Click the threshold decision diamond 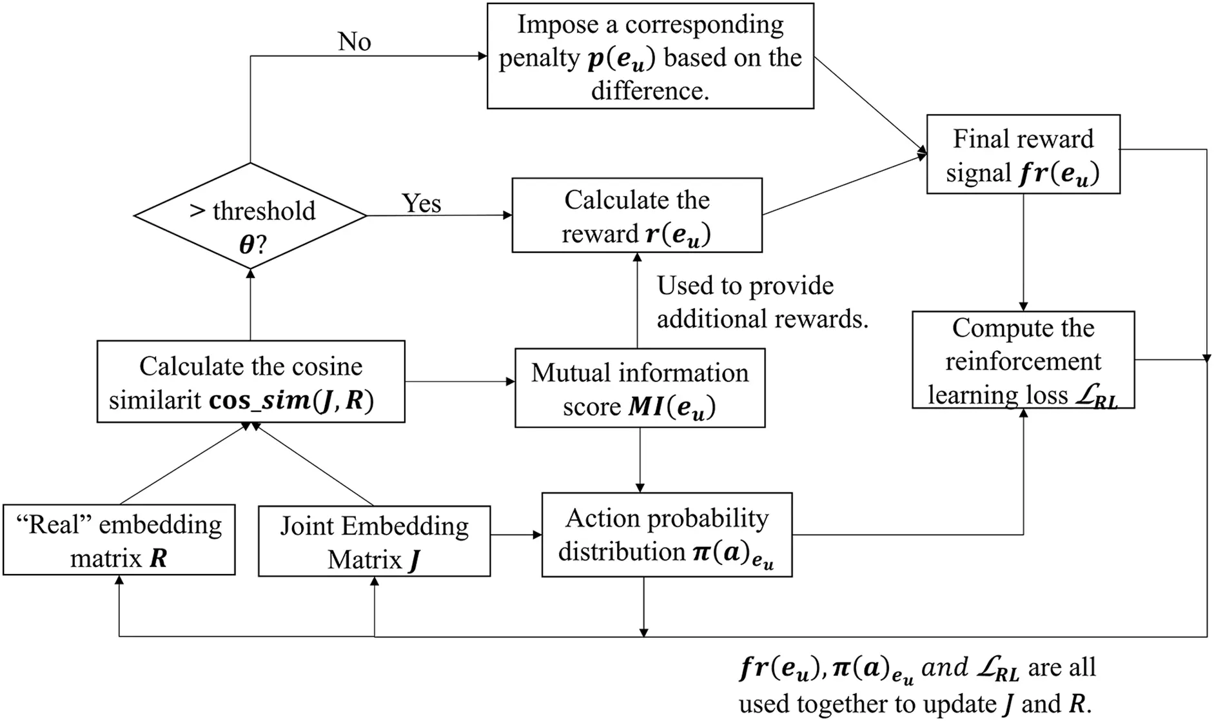(x=250, y=216)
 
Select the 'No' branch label (x=354, y=42)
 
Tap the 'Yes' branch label (x=421, y=203)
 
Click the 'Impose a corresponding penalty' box (x=650, y=57)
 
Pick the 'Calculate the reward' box (x=636, y=216)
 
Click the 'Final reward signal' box (x=1023, y=155)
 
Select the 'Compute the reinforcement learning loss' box (x=1023, y=360)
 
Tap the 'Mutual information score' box (x=640, y=389)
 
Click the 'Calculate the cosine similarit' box (x=251, y=382)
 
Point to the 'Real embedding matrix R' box (x=119, y=540)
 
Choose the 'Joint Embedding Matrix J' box (x=374, y=542)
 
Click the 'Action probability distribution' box (x=667, y=535)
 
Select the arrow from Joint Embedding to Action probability (x=516, y=535)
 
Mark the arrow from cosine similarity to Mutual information (x=460, y=382)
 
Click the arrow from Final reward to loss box (x=1023, y=252)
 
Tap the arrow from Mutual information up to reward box (x=637, y=300)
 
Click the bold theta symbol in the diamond (x=246, y=245)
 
